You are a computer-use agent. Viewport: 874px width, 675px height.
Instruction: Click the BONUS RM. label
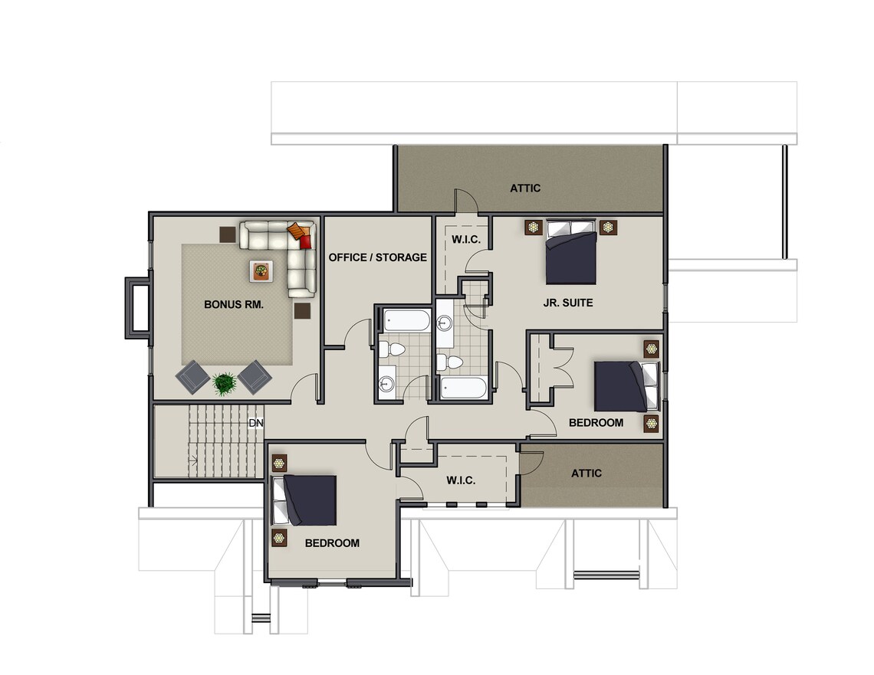point(234,305)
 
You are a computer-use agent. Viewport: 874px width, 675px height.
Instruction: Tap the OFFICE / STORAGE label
point(377,257)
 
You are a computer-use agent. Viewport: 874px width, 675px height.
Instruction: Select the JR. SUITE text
point(568,303)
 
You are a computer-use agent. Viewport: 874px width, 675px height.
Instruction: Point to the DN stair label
point(256,423)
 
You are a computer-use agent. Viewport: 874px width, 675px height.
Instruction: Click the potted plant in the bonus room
point(224,383)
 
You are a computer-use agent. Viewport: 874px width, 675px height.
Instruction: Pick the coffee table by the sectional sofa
point(261,271)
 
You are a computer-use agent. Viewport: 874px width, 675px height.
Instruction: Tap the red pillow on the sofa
point(305,241)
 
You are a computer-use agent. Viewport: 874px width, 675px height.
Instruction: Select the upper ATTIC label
point(525,188)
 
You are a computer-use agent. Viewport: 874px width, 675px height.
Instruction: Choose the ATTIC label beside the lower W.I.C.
point(586,473)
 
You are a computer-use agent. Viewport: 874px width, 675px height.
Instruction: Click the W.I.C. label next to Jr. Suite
point(466,240)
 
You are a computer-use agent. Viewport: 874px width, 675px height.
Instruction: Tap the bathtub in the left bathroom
point(406,321)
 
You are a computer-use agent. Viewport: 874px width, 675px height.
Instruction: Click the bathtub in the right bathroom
point(463,388)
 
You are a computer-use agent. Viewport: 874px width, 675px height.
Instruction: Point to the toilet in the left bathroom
point(392,349)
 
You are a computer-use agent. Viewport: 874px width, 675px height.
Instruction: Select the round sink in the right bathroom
point(445,323)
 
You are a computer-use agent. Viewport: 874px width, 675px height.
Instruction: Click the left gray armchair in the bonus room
point(192,377)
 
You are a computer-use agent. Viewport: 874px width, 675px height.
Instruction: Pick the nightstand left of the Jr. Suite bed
point(534,228)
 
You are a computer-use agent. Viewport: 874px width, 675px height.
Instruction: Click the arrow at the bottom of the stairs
point(193,460)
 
